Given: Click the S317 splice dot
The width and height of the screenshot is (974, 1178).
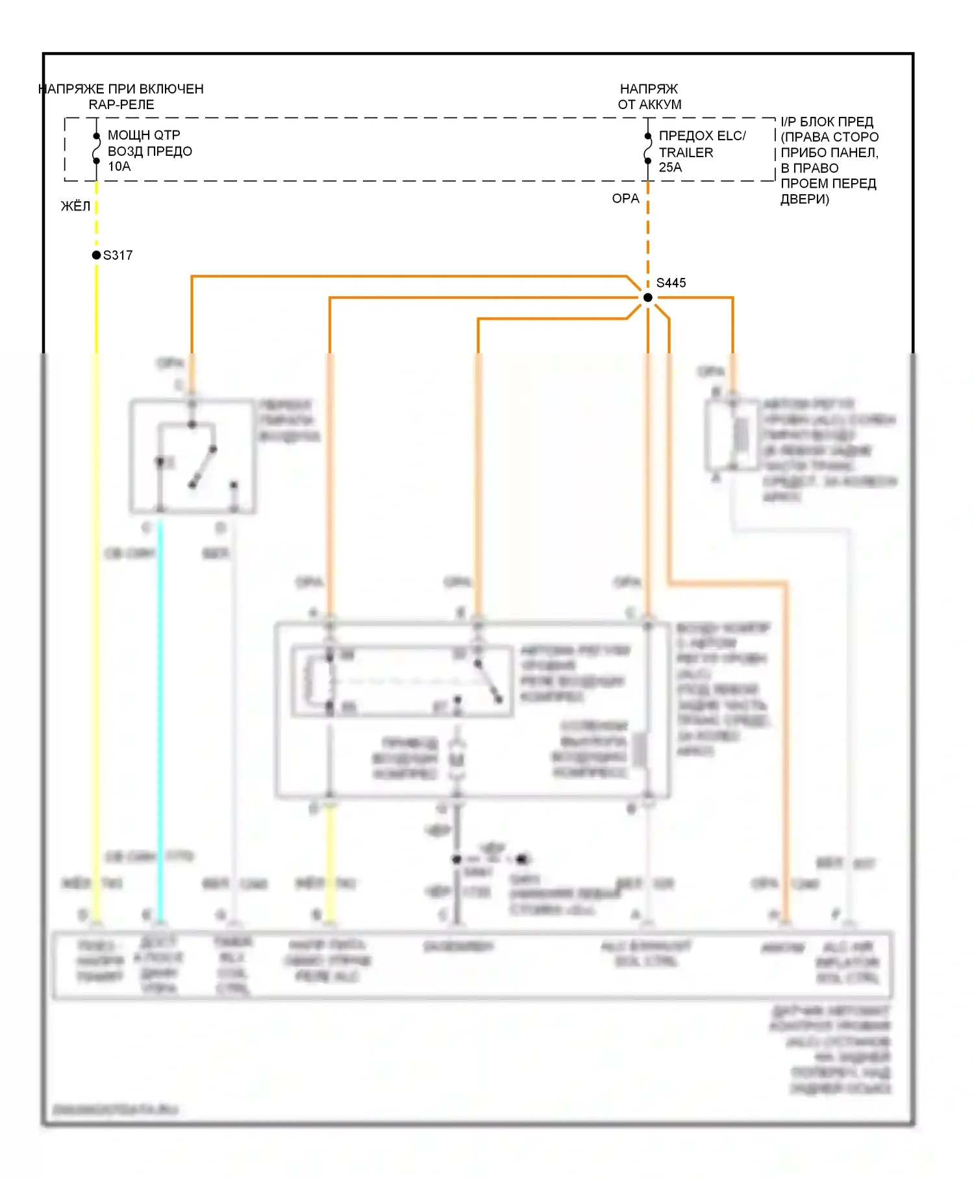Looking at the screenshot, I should [96, 255].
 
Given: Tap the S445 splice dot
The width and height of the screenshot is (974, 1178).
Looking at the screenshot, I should [647, 297].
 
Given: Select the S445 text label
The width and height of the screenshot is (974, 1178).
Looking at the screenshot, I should [671, 283].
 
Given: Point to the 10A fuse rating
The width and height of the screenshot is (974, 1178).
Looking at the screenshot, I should [119, 167].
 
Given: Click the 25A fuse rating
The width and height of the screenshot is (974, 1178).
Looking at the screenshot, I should [670, 168].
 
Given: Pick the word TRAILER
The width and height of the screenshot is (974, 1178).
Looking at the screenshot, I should [686, 153].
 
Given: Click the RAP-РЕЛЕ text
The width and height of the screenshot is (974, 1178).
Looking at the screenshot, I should [121, 105].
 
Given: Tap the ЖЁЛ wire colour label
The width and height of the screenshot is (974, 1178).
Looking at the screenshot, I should [75, 207].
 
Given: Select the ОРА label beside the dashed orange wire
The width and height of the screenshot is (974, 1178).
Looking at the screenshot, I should [625, 199].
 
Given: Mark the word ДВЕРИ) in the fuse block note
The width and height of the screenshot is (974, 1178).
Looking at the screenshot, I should [805, 199].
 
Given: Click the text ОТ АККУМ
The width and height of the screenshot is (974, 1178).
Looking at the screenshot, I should [649, 105].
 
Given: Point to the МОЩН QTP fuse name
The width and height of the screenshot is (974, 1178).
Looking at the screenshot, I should [144, 135].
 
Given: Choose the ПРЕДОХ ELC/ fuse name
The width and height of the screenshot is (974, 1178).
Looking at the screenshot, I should [702, 136].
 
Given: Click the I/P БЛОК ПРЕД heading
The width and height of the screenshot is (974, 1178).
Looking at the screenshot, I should [827, 122].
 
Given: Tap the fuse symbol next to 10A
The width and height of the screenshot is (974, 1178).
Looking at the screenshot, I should [96, 149].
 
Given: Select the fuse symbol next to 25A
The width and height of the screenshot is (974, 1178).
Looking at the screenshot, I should [647, 149].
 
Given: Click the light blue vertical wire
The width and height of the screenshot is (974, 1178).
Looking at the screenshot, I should [160, 714].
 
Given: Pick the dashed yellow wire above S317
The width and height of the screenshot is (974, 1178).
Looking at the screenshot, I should [96, 218].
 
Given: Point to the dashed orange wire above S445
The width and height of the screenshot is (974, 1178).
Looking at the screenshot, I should [647, 234].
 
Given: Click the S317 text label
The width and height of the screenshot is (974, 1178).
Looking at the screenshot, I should [118, 255].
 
